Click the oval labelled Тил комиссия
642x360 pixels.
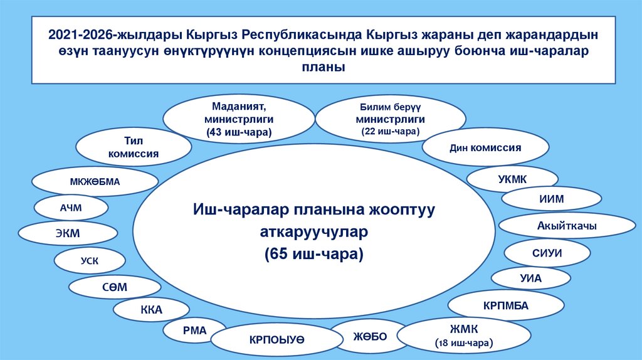coord(133,147)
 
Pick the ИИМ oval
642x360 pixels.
coord(552,199)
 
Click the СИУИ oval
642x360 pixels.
coord(548,253)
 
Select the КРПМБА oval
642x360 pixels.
coord(506,306)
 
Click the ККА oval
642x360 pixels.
coord(151,310)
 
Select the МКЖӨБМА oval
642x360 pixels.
coord(95,183)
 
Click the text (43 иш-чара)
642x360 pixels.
coord(239,132)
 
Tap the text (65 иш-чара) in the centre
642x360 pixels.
coord(314,254)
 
